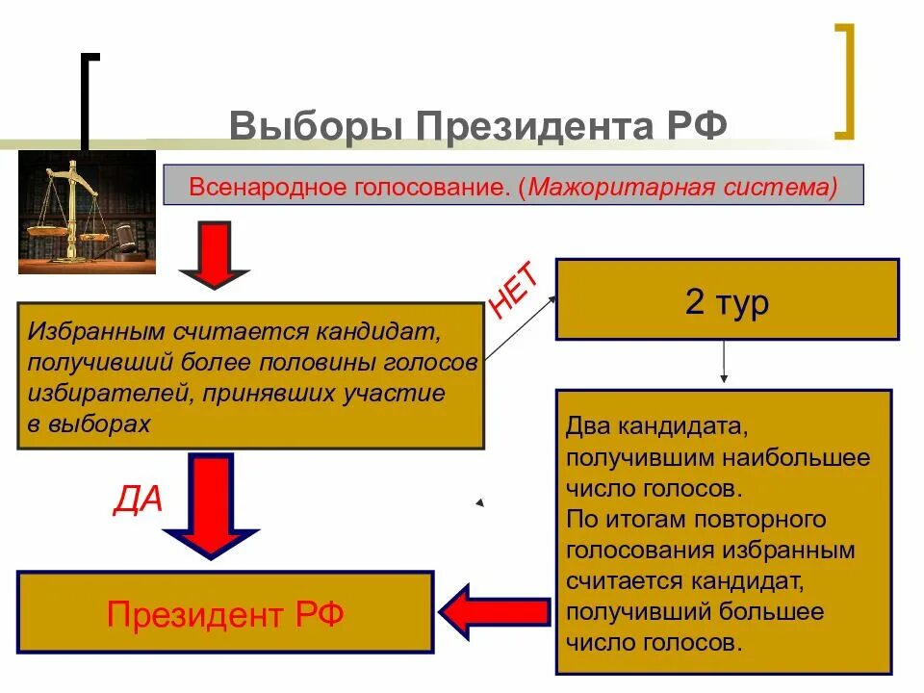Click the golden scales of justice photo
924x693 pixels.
pos(87,212)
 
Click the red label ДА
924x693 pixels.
pos(139,500)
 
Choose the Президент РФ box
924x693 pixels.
pos(225,613)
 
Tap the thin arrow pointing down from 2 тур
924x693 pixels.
pos(724,363)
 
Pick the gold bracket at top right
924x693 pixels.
pos(844,82)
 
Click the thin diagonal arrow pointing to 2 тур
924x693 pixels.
pos(520,329)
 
